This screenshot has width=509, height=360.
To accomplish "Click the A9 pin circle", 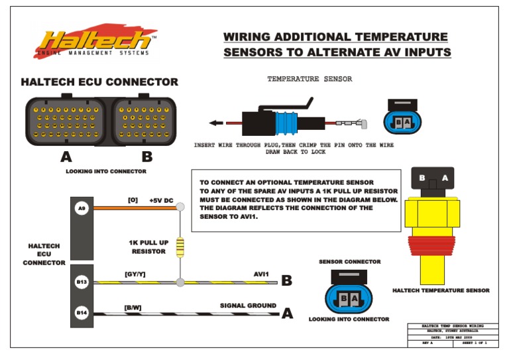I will coord(82,208).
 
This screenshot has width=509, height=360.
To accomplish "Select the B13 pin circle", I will coord(82,282).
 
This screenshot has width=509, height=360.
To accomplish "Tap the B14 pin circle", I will coord(82,312).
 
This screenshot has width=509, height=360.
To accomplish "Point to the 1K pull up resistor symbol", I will coord(180,247).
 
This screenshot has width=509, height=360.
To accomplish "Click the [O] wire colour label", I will coord(133,199).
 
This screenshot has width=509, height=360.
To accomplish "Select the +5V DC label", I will coord(161,200).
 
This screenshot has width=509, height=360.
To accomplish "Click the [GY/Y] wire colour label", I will coord(135,273).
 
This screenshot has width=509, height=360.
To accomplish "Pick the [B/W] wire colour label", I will coord(133,307).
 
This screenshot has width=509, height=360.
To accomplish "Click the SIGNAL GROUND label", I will coord(248,306).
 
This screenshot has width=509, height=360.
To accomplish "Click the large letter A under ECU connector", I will coord(66,158).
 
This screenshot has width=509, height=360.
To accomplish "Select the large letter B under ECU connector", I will coord(147,158).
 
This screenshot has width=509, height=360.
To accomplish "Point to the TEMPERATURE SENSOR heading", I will coord(309,79).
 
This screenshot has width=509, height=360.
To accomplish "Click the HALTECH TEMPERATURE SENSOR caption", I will coord(441,290).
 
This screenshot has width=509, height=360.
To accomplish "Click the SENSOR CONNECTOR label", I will coord(349,262).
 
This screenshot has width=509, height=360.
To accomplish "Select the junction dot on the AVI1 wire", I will coord(180,282).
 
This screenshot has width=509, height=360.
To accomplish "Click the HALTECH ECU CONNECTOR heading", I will coord(99,82).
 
